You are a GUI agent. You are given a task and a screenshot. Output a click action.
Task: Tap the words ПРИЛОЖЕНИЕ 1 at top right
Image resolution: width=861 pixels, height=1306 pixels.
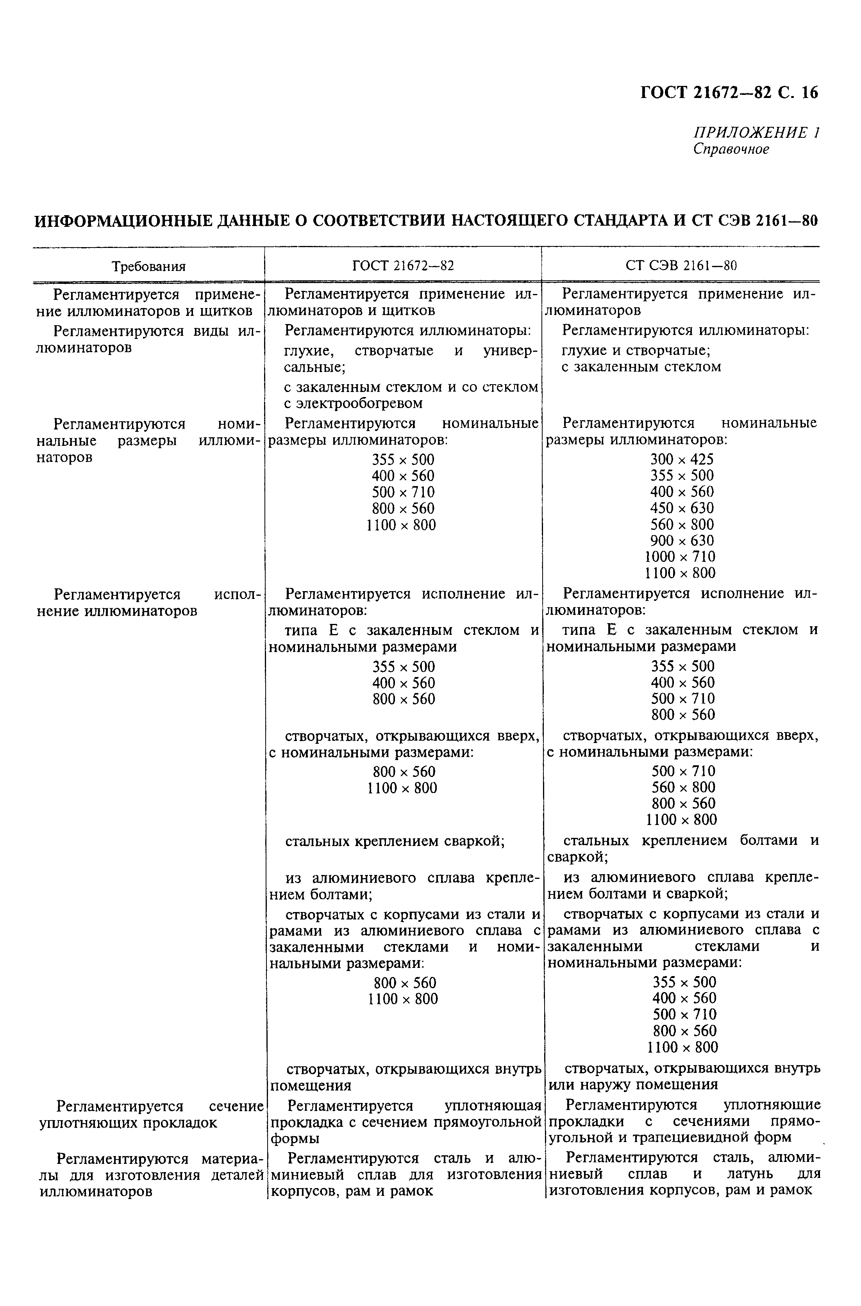pyautogui.click(x=757, y=133)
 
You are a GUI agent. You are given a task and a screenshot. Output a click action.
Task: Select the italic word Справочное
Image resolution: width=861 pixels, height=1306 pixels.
pyautogui.click(x=731, y=149)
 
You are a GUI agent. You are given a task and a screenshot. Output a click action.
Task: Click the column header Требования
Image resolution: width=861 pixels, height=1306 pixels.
pyautogui.click(x=149, y=267)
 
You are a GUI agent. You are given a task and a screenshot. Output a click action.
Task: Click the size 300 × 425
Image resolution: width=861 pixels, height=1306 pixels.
pyautogui.click(x=681, y=459)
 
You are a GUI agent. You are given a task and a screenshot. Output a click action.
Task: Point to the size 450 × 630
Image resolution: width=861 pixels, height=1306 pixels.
pyautogui.click(x=681, y=508)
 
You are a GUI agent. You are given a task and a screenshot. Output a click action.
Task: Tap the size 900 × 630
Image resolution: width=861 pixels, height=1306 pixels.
pyautogui.click(x=681, y=540)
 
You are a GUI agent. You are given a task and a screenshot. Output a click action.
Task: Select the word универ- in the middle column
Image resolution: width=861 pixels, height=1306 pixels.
pyautogui.click(x=511, y=351)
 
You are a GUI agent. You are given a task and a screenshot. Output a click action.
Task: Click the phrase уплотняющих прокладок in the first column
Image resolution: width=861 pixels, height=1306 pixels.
pyautogui.click(x=128, y=1123)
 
